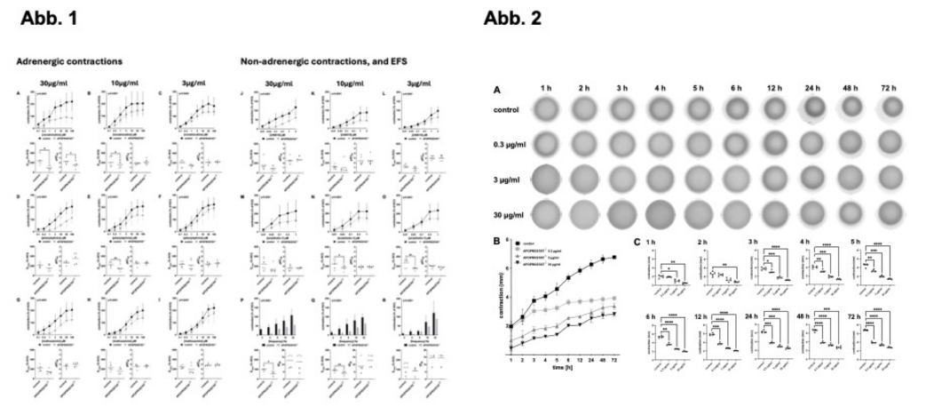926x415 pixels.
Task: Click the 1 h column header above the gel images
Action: tap(550, 90)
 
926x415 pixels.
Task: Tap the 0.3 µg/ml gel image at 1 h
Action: tap(550, 144)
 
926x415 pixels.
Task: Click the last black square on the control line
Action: tap(614, 258)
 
